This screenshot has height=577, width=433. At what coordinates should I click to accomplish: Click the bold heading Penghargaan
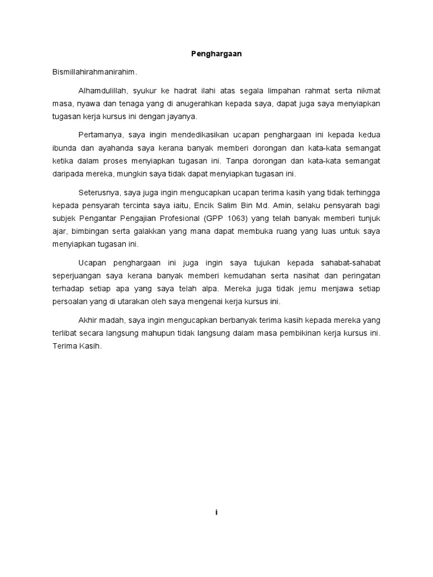pos(216,54)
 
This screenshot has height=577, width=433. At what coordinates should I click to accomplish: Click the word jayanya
pos(180,117)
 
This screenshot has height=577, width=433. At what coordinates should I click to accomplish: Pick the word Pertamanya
pos(99,135)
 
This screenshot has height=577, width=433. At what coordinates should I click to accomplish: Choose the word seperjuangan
pos(73,276)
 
